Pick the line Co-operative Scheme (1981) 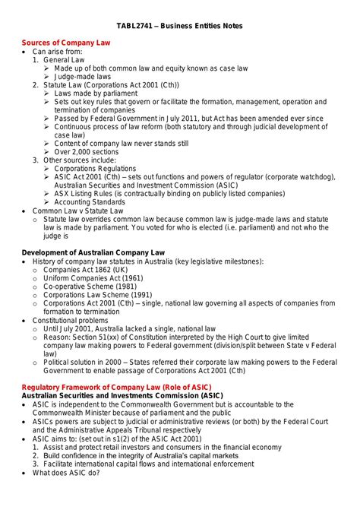(x=87, y=286)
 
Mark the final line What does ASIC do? (x=66, y=472)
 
